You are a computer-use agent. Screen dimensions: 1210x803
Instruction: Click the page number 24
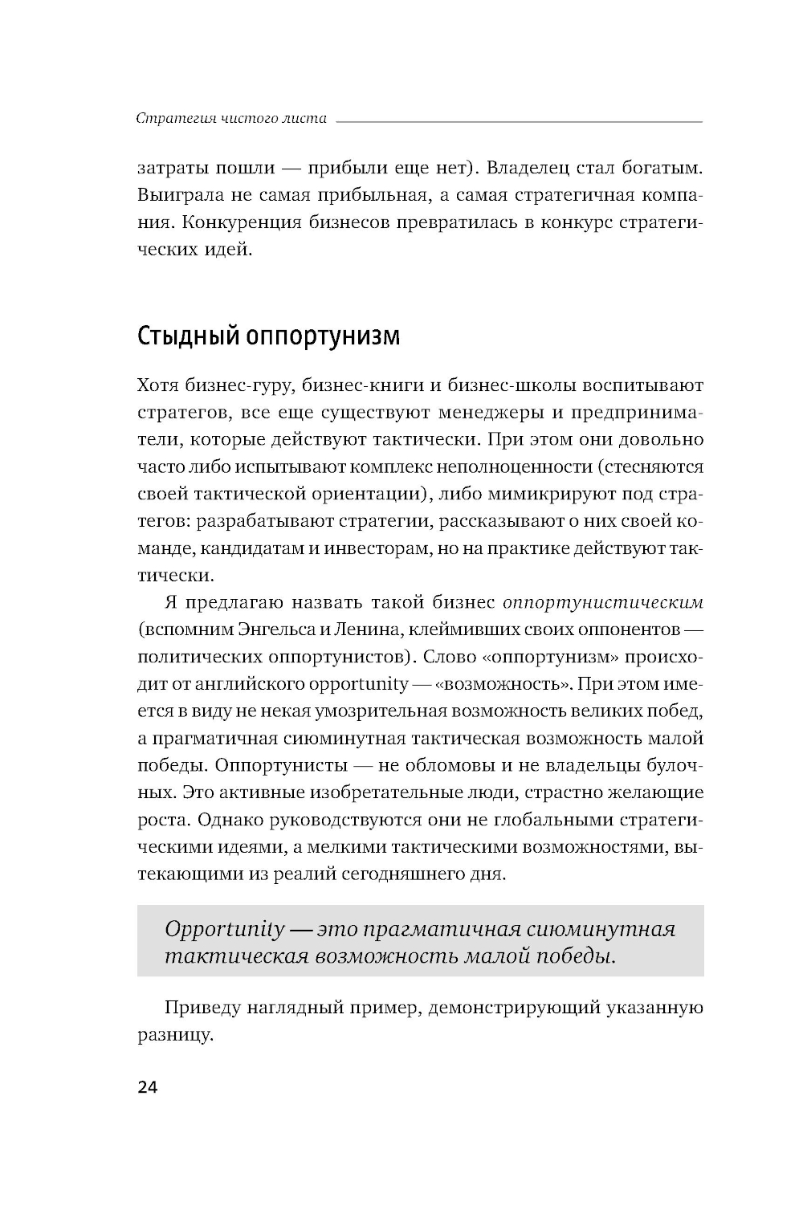148,1088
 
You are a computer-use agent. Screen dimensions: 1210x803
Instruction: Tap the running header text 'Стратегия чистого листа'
231,119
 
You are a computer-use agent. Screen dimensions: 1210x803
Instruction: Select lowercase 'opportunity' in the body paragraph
359,684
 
